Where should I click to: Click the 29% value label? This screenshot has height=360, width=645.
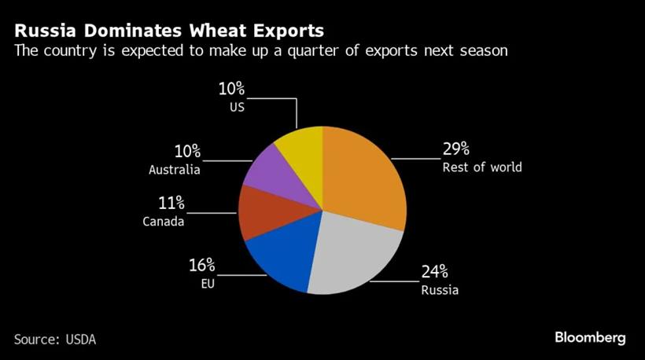pyautogui.click(x=455, y=149)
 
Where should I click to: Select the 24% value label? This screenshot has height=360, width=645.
pyautogui.click(x=433, y=272)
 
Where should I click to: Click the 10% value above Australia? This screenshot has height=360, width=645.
pyautogui.click(x=186, y=151)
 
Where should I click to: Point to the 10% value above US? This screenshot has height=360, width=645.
pyautogui.click(x=232, y=89)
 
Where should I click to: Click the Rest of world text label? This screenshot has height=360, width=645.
pyautogui.click(x=481, y=167)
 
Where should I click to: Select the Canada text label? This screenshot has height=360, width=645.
pyautogui.click(x=164, y=222)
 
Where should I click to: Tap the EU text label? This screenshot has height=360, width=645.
pyautogui.click(x=207, y=282)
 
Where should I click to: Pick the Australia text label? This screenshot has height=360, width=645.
pyautogui.click(x=175, y=170)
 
